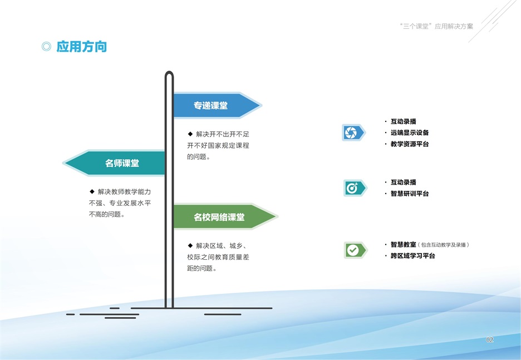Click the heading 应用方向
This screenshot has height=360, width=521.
pos(82,47)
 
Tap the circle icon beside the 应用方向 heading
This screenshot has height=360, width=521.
pos(47,47)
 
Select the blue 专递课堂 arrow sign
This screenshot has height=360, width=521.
pos(217,105)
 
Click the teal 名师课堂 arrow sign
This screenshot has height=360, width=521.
pos(114,162)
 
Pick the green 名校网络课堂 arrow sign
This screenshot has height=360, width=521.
pos(225,216)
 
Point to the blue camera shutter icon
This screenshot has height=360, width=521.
pos(354,132)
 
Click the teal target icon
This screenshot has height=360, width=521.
pos(355,188)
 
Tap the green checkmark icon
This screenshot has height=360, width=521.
pos(356,250)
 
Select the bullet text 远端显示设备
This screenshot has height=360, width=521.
pos(410,132)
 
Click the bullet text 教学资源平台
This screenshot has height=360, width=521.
pos(410,144)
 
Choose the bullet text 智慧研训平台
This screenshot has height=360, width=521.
pos(410,193)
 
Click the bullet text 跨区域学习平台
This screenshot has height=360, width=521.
pos(412,256)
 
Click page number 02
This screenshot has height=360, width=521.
pos(490,339)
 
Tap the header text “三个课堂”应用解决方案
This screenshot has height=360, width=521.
pos(436,26)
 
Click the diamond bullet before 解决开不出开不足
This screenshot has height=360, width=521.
pos(190,134)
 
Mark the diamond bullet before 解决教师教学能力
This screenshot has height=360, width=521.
pos(92,191)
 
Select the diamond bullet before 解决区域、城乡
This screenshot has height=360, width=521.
pos(190,245)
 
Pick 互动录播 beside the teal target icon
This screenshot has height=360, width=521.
pos(404,182)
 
